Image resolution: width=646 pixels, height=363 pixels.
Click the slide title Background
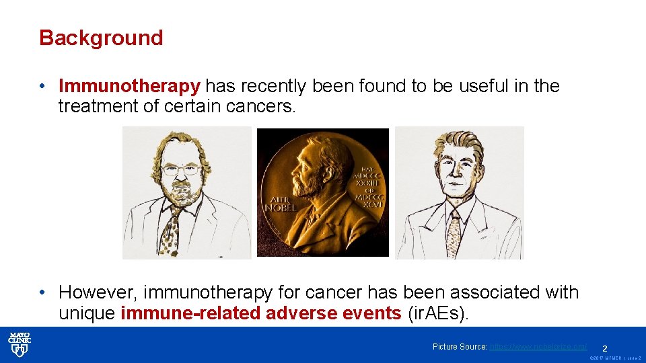(x=101, y=38)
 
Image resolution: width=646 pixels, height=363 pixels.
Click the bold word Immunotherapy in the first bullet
(x=129, y=86)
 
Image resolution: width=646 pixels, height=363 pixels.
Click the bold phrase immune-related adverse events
(x=261, y=313)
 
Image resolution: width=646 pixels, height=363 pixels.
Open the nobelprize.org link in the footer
(x=538, y=347)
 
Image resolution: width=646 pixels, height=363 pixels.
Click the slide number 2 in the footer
(x=605, y=348)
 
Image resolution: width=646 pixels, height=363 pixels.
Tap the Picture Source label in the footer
(x=460, y=347)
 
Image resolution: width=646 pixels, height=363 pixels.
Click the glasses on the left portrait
(x=179, y=170)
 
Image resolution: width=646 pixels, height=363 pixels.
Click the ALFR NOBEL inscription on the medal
(x=284, y=203)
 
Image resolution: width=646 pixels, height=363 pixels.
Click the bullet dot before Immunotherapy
(x=42, y=86)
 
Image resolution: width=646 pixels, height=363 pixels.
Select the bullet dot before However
(x=42, y=292)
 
